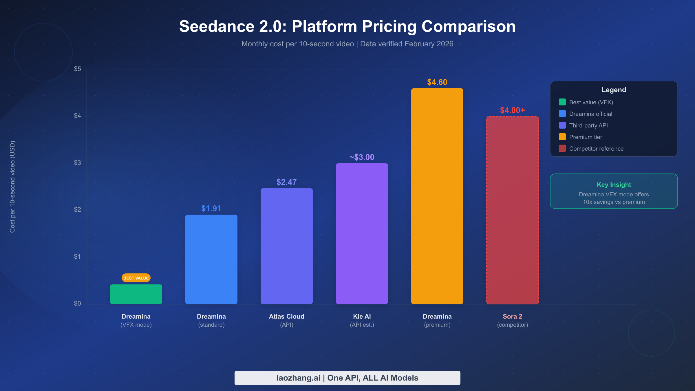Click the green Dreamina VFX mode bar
coord(136,294)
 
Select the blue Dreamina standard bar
coord(211,259)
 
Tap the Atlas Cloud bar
coord(287,246)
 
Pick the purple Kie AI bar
coord(362,233)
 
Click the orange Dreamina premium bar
coord(437,196)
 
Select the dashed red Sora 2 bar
coord(513,210)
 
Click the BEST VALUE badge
coord(136,278)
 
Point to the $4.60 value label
coord(437,82)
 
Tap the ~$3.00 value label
coord(362,157)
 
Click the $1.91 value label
coord(211,208)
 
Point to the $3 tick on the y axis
coord(77,162)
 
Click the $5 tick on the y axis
coord(77,69)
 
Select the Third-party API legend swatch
coord(562,125)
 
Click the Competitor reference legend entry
coord(596,149)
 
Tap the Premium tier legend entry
coord(586,137)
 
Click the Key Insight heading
coord(614,184)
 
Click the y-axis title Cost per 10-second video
coord(12,187)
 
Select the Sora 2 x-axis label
coord(513,317)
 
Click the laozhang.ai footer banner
coord(347,378)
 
